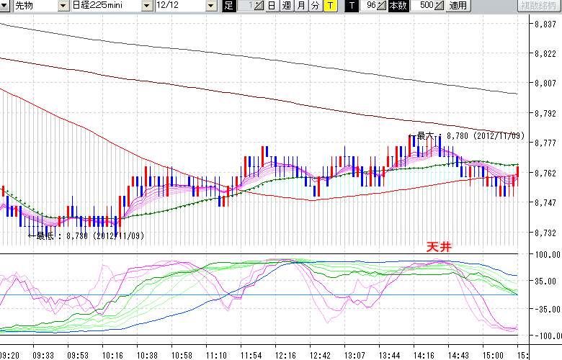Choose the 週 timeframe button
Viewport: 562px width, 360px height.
[286, 6]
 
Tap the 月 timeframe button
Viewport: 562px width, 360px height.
[300, 6]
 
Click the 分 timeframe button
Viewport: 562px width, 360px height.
[315, 6]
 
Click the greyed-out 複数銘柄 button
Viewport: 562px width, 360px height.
[539, 6]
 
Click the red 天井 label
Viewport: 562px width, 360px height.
[439, 246]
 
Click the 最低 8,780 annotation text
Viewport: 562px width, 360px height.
[89, 235]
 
